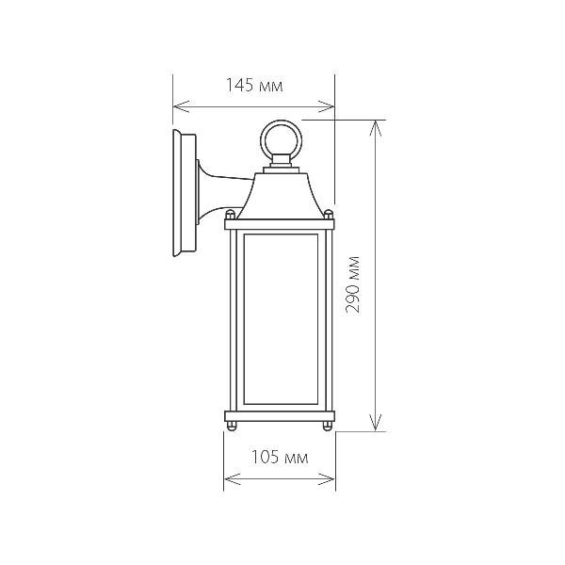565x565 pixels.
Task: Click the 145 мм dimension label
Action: (x=254, y=86)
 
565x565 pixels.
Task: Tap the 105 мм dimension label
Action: (x=281, y=459)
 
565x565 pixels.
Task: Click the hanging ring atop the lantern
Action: (x=280, y=138)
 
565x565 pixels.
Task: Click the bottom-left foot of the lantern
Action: (x=232, y=429)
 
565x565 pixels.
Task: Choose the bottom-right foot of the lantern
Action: (x=328, y=429)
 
